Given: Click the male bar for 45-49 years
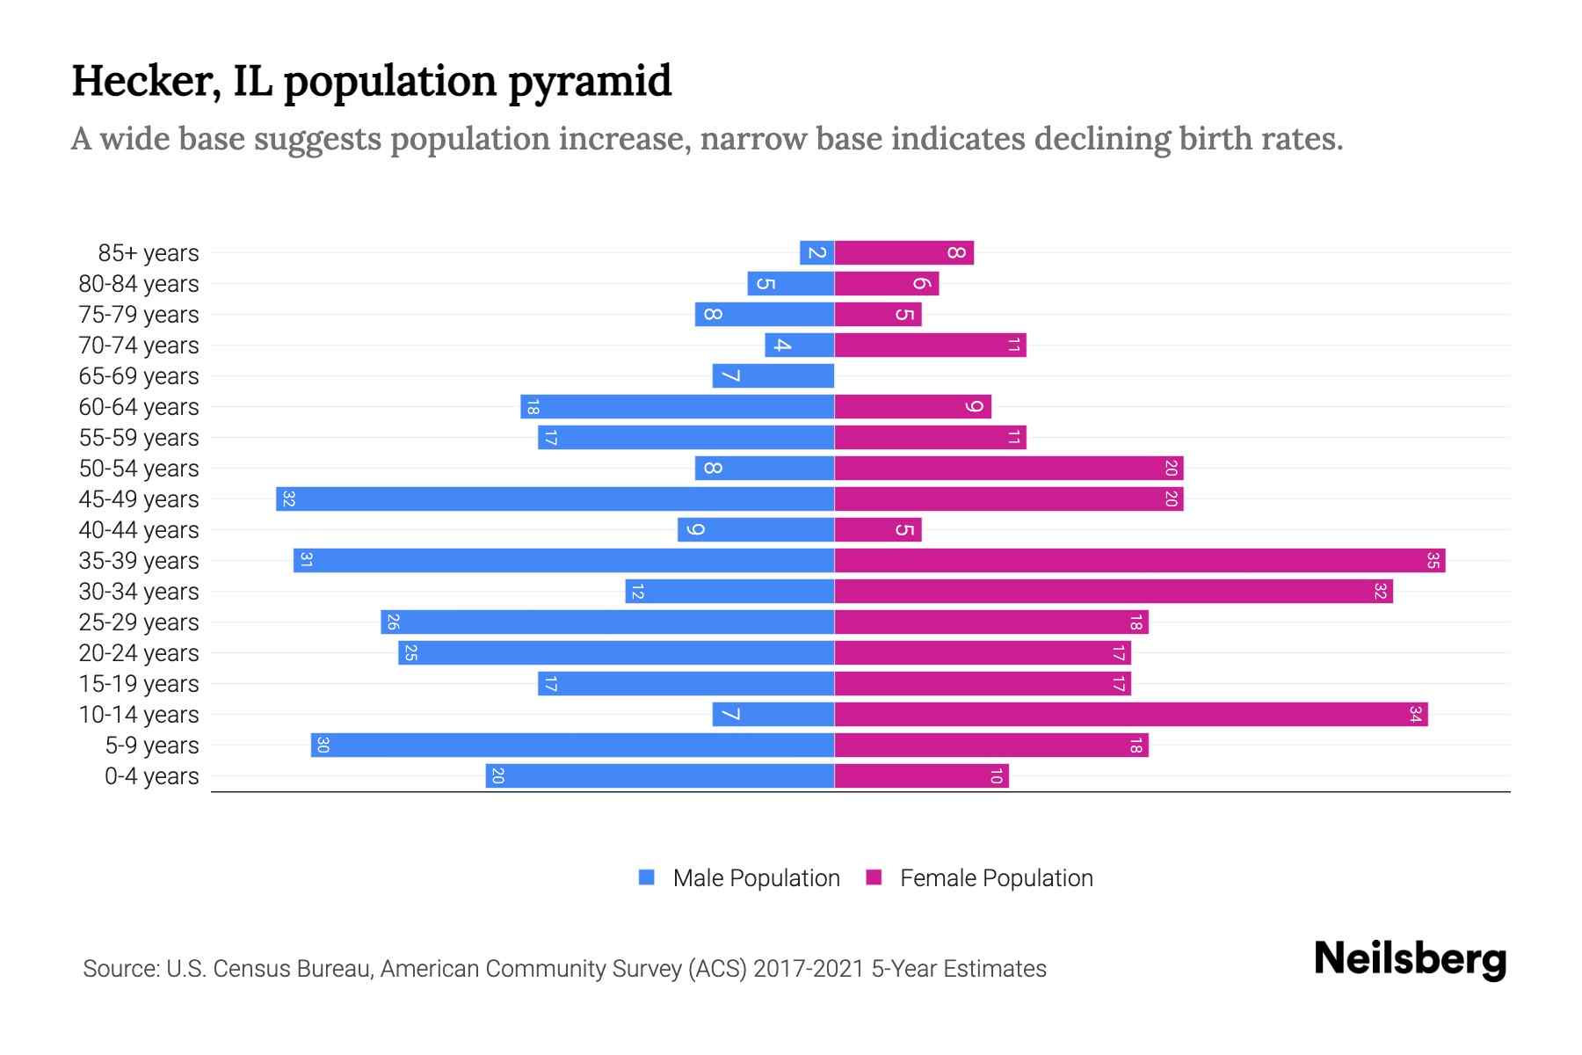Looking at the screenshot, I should (x=555, y=499).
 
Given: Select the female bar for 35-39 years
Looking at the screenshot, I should (x=1139, y=561).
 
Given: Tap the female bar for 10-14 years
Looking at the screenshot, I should (x=1130, y=715).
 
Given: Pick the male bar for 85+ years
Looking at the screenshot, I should (x=816, y=253).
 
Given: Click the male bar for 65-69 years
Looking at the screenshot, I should (x=773, y=376).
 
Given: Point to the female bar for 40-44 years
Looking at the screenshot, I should (x=877, y=530).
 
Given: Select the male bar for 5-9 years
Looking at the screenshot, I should (x=572, y=746).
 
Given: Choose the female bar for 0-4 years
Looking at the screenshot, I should (x=921, y=776).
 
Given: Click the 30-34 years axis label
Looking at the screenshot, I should (x=139, y=592).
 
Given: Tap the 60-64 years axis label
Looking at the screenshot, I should (x=139, y=407).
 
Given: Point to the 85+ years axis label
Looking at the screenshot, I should (x=149, y=253).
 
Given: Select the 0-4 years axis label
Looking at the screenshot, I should (x=151, y=776).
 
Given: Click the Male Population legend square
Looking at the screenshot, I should (x=647, y=877).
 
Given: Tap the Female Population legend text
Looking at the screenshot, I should (x=996, y=878).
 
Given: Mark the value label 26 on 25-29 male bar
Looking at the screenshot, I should (x=393, y=622).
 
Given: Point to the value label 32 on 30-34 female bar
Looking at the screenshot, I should (x=1380, y=592).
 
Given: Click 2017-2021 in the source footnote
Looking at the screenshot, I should (x=809, y=969).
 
